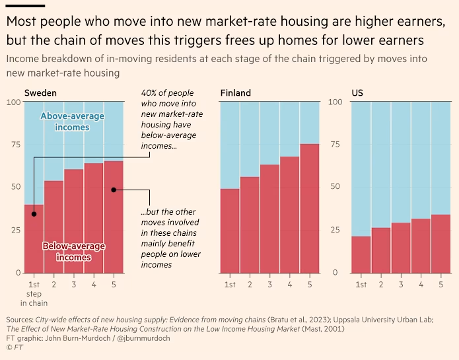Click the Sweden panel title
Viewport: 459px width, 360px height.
click(x=40, y=92)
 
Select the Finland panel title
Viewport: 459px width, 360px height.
click(x=236, y=92)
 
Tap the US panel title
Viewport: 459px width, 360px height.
click(x=357, y=92)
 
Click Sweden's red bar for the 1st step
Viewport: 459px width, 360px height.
click(x=34, y=238)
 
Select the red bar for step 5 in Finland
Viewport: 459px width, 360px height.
click(x=310, y=208)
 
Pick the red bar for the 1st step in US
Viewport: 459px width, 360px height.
click(x=361, y=254)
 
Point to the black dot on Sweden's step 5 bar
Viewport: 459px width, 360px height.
click(x=114, y=190)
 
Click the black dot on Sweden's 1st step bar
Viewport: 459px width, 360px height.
click(x=34, y=213)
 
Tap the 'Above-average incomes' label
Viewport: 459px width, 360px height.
click(x=73, y=122)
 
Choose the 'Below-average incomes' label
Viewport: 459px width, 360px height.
click(x=74, y=252)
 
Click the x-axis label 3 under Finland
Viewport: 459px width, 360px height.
click(x=269, y=285)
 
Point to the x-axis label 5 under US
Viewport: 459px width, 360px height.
click(x=440, y=285)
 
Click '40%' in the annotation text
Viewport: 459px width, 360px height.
click(x=150, y=93)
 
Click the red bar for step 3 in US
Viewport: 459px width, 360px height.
click(x=400, y=248)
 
